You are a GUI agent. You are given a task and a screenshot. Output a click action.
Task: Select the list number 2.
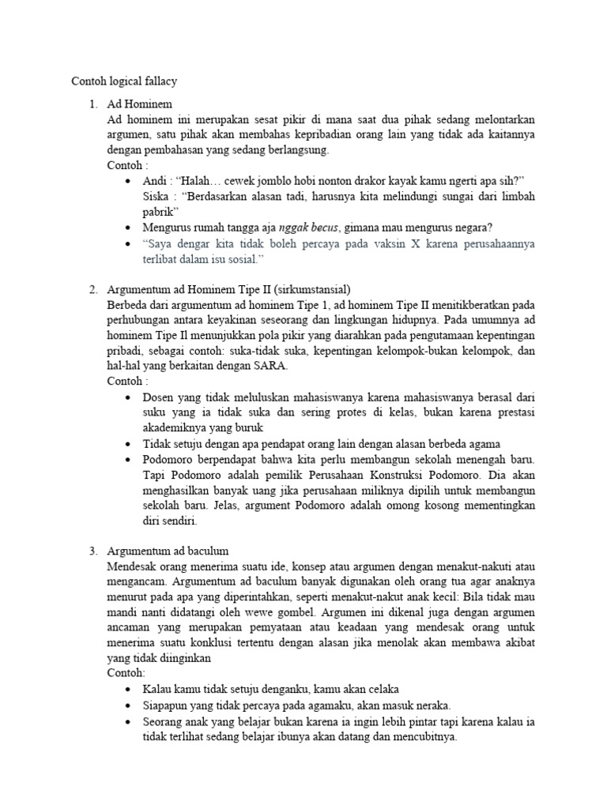click(92, 290)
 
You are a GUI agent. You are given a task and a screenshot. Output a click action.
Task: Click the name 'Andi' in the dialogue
click(156, 181)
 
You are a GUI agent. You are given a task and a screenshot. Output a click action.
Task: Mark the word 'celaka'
click(381, 688)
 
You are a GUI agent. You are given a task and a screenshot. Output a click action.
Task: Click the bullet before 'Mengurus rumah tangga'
click(128, 228)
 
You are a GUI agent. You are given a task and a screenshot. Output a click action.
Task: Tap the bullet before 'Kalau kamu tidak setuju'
click(128, 689)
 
